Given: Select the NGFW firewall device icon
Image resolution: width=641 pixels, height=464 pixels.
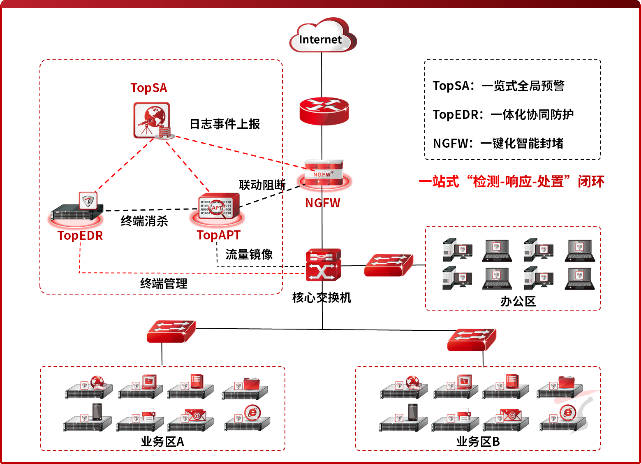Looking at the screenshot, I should pos(324,174).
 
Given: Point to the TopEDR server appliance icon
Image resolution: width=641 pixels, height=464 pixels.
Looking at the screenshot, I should pos(76,209).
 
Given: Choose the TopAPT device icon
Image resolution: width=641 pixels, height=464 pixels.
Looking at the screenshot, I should pos(217,209).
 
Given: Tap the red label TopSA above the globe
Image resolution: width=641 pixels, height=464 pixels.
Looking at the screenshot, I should pos(149,88).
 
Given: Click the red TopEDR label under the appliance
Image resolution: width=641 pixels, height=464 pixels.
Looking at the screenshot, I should pos(80,236).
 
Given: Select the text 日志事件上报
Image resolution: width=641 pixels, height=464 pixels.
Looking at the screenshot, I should pos(224,124).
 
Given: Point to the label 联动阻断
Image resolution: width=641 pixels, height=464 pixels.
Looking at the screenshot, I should pos(262,185).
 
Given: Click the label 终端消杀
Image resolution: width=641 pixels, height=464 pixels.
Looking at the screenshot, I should pos(144,221).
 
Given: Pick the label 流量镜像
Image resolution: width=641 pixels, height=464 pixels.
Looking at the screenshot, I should pos(249,255).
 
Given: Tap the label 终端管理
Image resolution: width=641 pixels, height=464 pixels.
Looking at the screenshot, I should pos(164,283).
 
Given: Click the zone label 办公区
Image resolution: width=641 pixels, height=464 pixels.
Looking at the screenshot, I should pos(518,302).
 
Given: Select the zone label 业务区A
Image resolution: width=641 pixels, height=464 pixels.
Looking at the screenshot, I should pos(162,442).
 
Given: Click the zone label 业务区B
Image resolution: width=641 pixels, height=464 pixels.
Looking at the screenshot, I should pos(478,442).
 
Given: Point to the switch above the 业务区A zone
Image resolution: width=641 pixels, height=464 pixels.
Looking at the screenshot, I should pos(171,332).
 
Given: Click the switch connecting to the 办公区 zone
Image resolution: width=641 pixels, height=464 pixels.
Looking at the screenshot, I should pos(389,265).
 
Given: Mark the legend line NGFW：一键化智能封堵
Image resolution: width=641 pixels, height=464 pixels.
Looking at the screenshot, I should pos(498,144).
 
